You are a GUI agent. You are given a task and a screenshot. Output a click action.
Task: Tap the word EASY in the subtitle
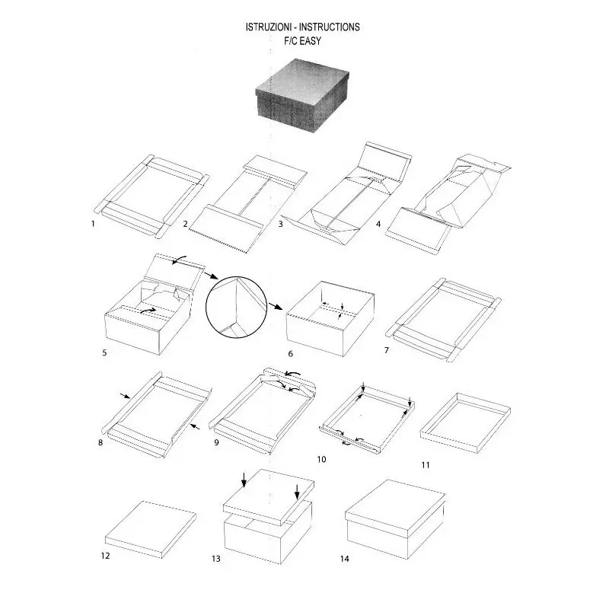(310, 41)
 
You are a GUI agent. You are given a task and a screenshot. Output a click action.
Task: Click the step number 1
(93, 225)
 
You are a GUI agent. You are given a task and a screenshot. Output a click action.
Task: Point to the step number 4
(378, 225)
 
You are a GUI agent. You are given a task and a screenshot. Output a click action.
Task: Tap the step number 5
(104, 352)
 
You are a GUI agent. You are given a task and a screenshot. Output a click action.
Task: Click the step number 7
(387, 350)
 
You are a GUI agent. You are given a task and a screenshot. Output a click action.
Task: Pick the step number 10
(321, 459)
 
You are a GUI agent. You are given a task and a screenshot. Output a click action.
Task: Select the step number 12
(106, 556)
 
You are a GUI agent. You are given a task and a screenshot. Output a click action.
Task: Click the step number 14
(345, 559)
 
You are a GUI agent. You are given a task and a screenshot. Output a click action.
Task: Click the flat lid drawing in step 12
(150, 528)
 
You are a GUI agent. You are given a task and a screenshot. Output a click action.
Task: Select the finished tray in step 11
(464, 417)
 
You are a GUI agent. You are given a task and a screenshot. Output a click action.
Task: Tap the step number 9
(216, 442)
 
